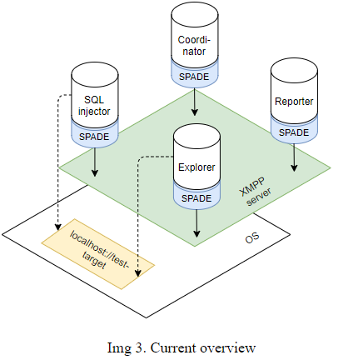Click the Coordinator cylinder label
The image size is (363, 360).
pyautogui.click(x=194, y=46)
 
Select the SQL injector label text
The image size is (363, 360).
pyautogui.click(x=94, y=106)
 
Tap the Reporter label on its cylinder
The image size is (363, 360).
pyautogui.click(x=294, y=102)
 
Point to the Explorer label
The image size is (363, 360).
pyautogui.click(x=196, y=167)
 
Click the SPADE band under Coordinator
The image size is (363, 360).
pyautogui.click(x=194, y=77)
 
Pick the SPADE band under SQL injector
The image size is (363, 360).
pyautogui.click(x=94, y=137)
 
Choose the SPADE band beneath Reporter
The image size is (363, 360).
pyautogui.click(x=294, y=132)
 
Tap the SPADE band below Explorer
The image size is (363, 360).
pyautogui.click(x=196, y=198)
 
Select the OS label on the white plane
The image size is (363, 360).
pyautogui.click(x=252, y=238)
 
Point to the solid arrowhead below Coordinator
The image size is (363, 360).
pyautogui.click(x=194, y=112)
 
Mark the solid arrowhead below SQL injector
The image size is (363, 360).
pyautogui.click(x=95, y=172)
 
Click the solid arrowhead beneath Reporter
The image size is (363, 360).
pyautogui.click(x=294, y=167)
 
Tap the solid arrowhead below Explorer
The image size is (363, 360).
pyautogui.click(x=196, y=233)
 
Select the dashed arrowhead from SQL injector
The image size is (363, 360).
pyautogui.click(x=57, y=227)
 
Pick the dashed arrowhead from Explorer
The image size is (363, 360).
pyautogui.click(x=138, y=273)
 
